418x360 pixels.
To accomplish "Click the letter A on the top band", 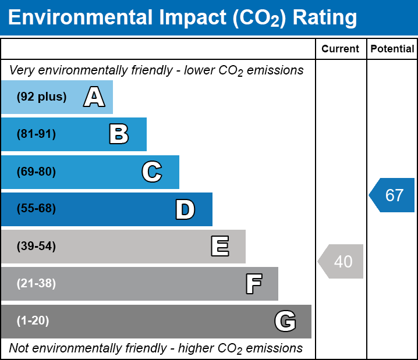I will (x=94, y=97).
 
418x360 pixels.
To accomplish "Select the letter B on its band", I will (x=119, y=134).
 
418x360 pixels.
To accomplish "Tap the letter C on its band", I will (x=151, y=172).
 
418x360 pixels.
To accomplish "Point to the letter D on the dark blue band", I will (x=185, y=209).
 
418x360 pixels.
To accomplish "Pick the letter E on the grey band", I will (x=219, y=247).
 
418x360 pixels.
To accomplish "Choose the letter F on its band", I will (x=253, y=284).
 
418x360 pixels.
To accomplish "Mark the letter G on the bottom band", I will (x=285, y=321).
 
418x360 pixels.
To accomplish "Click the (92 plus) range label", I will (x=41, y=97).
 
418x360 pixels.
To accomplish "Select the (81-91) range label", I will (x=36, y=134).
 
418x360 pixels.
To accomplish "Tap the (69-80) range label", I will (x=36, y=172).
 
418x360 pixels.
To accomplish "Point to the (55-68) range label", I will (x=36, y=209).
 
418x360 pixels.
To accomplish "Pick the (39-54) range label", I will (x=36, y=247).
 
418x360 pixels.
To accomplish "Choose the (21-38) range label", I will (x=36, y=284).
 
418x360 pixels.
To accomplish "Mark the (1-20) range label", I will (x=33, y=321).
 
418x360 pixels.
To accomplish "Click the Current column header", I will (x=340, y=49).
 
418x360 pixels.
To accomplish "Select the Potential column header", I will (x=392, y=49).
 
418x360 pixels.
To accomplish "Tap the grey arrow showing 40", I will (x=341, y=262).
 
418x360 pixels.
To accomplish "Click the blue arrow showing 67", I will (x=392, y=195).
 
